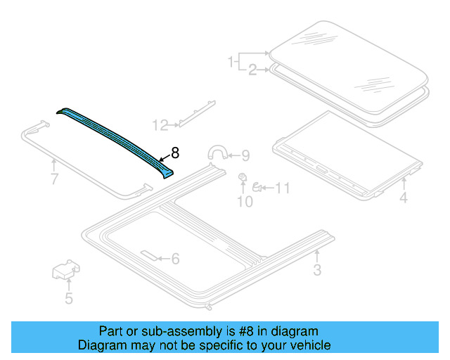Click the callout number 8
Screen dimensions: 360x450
[x=176, y=152]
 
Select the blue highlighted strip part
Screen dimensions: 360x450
[x=116, y=134]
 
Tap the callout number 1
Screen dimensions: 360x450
[x=230, y=63]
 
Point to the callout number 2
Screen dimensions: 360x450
[x=251, y=70]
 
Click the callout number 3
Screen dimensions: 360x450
[x=316, y=270]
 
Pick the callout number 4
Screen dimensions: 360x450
[x=404, y=198]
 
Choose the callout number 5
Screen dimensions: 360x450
[x=69, y=298]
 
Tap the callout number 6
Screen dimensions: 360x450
[x=174, y=259]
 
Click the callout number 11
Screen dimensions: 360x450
[x=281, y=188]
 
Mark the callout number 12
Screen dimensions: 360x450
[x=161, y=125]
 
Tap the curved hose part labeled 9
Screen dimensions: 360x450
[x=217, y=152]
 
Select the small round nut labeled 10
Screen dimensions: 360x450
[x=243, y=176]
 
